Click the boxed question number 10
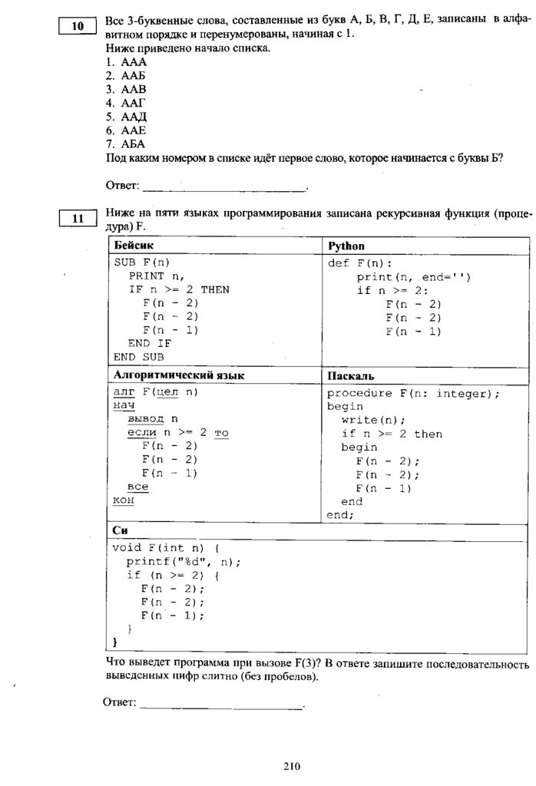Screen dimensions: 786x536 click(x=78, y=27)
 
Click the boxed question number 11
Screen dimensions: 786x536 click(x=78, y=219)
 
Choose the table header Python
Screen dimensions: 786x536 click(x=346, y=246)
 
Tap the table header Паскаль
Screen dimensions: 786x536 click(x=350, y=376)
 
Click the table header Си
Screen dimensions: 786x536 click(x=120, y=530)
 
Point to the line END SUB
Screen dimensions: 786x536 click(x=139, y=357)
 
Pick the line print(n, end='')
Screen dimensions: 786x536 click(x=413, y=276)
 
